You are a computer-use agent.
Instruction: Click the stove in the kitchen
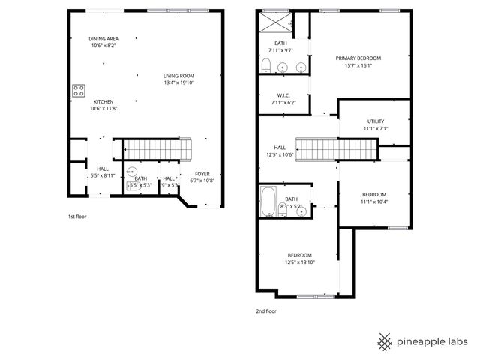78,91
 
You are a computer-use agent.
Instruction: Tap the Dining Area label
103,38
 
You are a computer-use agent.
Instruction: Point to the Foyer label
203,173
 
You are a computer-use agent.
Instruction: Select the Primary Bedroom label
358,58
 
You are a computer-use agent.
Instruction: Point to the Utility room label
375,121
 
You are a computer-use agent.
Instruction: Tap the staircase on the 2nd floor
334,149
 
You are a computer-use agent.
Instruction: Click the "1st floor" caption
77,217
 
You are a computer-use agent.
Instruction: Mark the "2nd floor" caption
266,310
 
